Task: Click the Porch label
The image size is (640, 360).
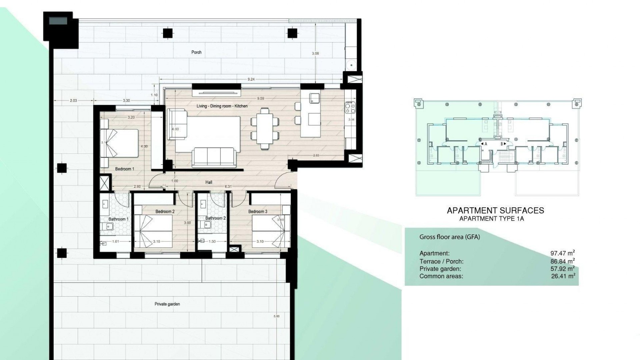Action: coord(196,52)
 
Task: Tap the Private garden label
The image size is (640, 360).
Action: coord(167,304)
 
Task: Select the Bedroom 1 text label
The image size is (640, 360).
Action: coord(125,169)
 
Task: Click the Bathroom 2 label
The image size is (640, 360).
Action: coord(215,218)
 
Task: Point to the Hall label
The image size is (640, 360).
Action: coord(209,182)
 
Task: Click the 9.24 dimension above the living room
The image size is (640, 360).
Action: coord(251,79)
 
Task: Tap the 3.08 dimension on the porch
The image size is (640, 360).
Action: coord(315,53)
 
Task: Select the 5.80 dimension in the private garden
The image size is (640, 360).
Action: coord(276,316)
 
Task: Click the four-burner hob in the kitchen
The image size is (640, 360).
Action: coord(350,107)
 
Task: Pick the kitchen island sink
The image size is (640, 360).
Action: coord(314,98)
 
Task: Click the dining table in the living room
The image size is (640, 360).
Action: coord(264,128)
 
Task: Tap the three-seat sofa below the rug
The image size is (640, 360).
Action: coord(214,158)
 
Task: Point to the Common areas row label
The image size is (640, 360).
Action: coord(441,276)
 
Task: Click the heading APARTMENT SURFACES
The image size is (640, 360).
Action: coord(495,211)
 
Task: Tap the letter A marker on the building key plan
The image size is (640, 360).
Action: coord(486,144)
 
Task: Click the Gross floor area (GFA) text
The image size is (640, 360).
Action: coord(449,237)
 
